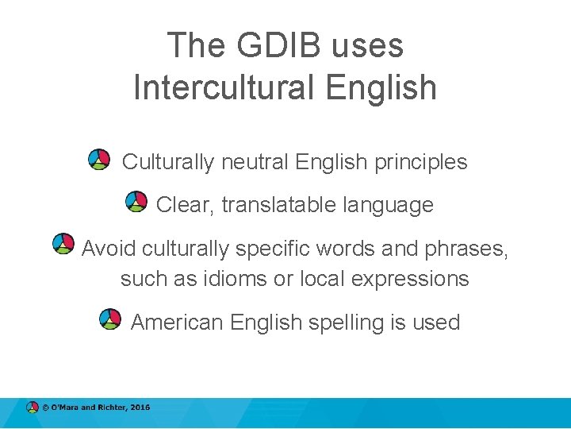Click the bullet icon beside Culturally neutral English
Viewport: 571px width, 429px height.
pyautogui.click(x=98, y=159)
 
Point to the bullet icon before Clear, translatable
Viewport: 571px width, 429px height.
pyautogui.click(x=136, y=202)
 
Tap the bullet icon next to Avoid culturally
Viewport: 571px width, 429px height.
pyautogui.click(x=63, y=244)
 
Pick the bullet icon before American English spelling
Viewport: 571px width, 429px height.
pyautogui.click(x=110, y=319)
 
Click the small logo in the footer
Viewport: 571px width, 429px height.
pyautogui.click(x=32, y=408)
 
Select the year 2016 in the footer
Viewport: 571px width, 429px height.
pyautogui.click(x=140, y=408)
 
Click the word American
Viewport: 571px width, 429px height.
pyautogui.click(x=177, y=323)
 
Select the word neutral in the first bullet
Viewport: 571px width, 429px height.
pyautogui.click(x=255, y=163)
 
